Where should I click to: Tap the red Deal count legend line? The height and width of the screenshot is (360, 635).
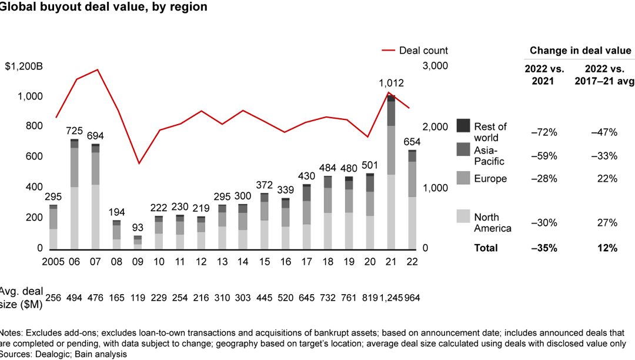tap(389, 51)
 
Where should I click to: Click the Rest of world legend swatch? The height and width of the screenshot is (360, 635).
tap(463, 126)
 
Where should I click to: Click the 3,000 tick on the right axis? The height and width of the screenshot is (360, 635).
tap(436, 66)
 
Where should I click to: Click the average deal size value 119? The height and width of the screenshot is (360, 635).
tap(137, 298)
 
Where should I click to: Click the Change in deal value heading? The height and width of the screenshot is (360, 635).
tap(580, 51)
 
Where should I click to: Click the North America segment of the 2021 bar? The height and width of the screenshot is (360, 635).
tap(390, 212)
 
